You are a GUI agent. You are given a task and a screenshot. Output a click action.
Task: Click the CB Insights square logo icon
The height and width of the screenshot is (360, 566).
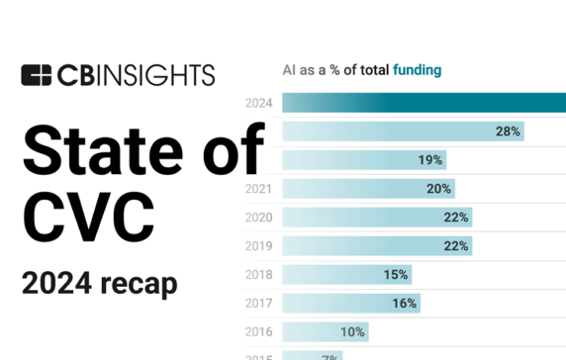(x=36, y=75)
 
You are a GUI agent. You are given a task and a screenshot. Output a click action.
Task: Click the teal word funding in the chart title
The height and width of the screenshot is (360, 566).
(x=417, y=70)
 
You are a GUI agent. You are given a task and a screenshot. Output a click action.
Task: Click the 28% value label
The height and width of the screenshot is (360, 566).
(x=509, y=131)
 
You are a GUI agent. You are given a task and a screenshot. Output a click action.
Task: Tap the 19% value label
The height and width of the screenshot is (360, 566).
(x=429, y=159)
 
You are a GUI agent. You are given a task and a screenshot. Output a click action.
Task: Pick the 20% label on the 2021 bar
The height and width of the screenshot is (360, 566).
(x=439, y=188)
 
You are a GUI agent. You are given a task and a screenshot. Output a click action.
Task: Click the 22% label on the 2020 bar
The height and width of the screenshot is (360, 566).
(x=456, y=217)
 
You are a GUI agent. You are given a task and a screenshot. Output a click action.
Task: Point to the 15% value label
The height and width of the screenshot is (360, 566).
(x=395, y=274)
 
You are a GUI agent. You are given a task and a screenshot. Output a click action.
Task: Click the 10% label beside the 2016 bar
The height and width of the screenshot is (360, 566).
(x=353, y=331)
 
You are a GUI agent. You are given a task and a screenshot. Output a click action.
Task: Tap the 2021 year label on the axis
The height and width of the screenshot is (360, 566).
(x=259, y=188)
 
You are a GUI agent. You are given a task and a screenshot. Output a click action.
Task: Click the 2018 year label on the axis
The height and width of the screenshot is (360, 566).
(x=259, y=274)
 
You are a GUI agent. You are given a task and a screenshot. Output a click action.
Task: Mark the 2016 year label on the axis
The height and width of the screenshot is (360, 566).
(x=259, y=331)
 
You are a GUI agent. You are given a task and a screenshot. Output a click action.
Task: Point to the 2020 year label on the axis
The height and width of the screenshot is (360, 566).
(x=259, y=217)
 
